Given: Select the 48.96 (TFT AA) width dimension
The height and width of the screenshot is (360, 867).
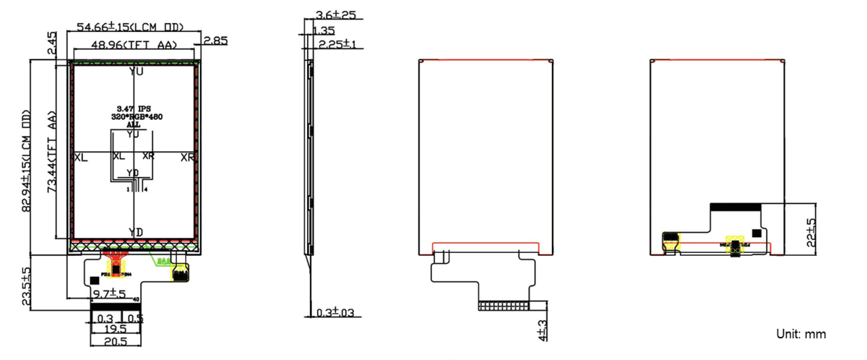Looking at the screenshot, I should pos(134,46).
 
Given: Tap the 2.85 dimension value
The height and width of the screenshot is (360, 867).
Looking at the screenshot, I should pos(215,40).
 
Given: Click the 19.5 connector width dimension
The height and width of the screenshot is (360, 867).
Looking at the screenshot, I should pos(116,329).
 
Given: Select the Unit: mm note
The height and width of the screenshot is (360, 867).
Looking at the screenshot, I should pos(801,334).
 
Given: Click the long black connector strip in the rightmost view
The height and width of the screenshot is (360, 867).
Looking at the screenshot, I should pos(736,207).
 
